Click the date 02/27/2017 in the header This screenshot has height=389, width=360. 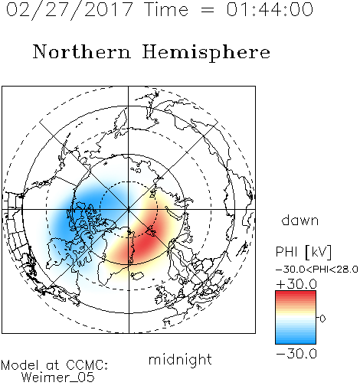[x=69, y=10]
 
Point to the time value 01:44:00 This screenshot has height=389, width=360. [x=270, y=9]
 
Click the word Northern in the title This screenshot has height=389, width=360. [x=82, y=51]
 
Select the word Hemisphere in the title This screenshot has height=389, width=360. [x=206, y=53]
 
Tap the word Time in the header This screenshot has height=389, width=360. [x=166, y=9]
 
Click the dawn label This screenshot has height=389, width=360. [x=300, y=220]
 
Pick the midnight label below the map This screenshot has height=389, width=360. [x=180, y=360]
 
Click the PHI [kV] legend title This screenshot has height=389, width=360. [x=303, y=252]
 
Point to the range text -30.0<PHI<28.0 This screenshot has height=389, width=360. [x=317, y=270]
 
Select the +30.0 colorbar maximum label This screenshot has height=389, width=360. [x=296, y=284]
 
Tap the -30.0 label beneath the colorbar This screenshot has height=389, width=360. [x=296, y=354]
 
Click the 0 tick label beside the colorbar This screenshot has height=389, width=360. [x=322, y=319]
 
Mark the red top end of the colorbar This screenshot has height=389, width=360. [x=296, y=293]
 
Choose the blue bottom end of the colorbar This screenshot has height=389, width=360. [x=296, y=342]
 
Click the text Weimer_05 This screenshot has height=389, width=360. [x=58, y=378]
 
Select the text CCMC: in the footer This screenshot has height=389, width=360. [x=87, y=365]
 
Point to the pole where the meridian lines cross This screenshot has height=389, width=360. [x=129, y=209]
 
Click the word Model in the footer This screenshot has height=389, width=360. [x=20, y=365]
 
